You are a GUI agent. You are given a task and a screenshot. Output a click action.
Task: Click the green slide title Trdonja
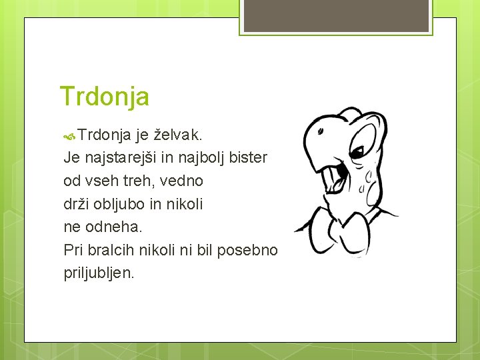click(x=104, y=97)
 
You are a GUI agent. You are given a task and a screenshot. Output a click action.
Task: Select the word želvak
click(x=178, y=135)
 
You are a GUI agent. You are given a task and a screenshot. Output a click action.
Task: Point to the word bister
click(x=248, y=158)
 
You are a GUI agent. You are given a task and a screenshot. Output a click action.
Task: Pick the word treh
click(x=137, y=181)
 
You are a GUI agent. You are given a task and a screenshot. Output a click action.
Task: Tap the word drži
click(x=75, y=203)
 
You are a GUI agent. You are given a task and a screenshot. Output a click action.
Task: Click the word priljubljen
click(x=99, y=273)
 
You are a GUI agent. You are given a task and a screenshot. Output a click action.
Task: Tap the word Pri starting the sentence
click(x=73, y=249)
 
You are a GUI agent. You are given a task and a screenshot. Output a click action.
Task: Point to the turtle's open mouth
click(x=337, y=180)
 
